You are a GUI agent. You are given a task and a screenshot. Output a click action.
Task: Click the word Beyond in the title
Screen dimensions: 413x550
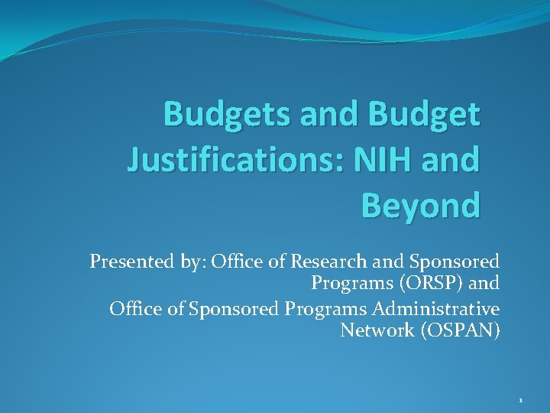tap(421, 205)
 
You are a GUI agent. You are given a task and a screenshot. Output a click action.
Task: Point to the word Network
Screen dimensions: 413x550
tap(374, 330)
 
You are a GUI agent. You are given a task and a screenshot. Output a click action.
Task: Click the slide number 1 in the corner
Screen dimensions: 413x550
tap(520, 400)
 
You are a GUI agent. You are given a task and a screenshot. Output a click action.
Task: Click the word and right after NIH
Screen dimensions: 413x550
tap(458, 160)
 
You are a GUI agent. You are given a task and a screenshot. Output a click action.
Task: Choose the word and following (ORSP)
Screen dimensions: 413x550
tap(485, 283)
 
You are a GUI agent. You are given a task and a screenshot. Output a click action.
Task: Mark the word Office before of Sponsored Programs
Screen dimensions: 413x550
tap(134, 309)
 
